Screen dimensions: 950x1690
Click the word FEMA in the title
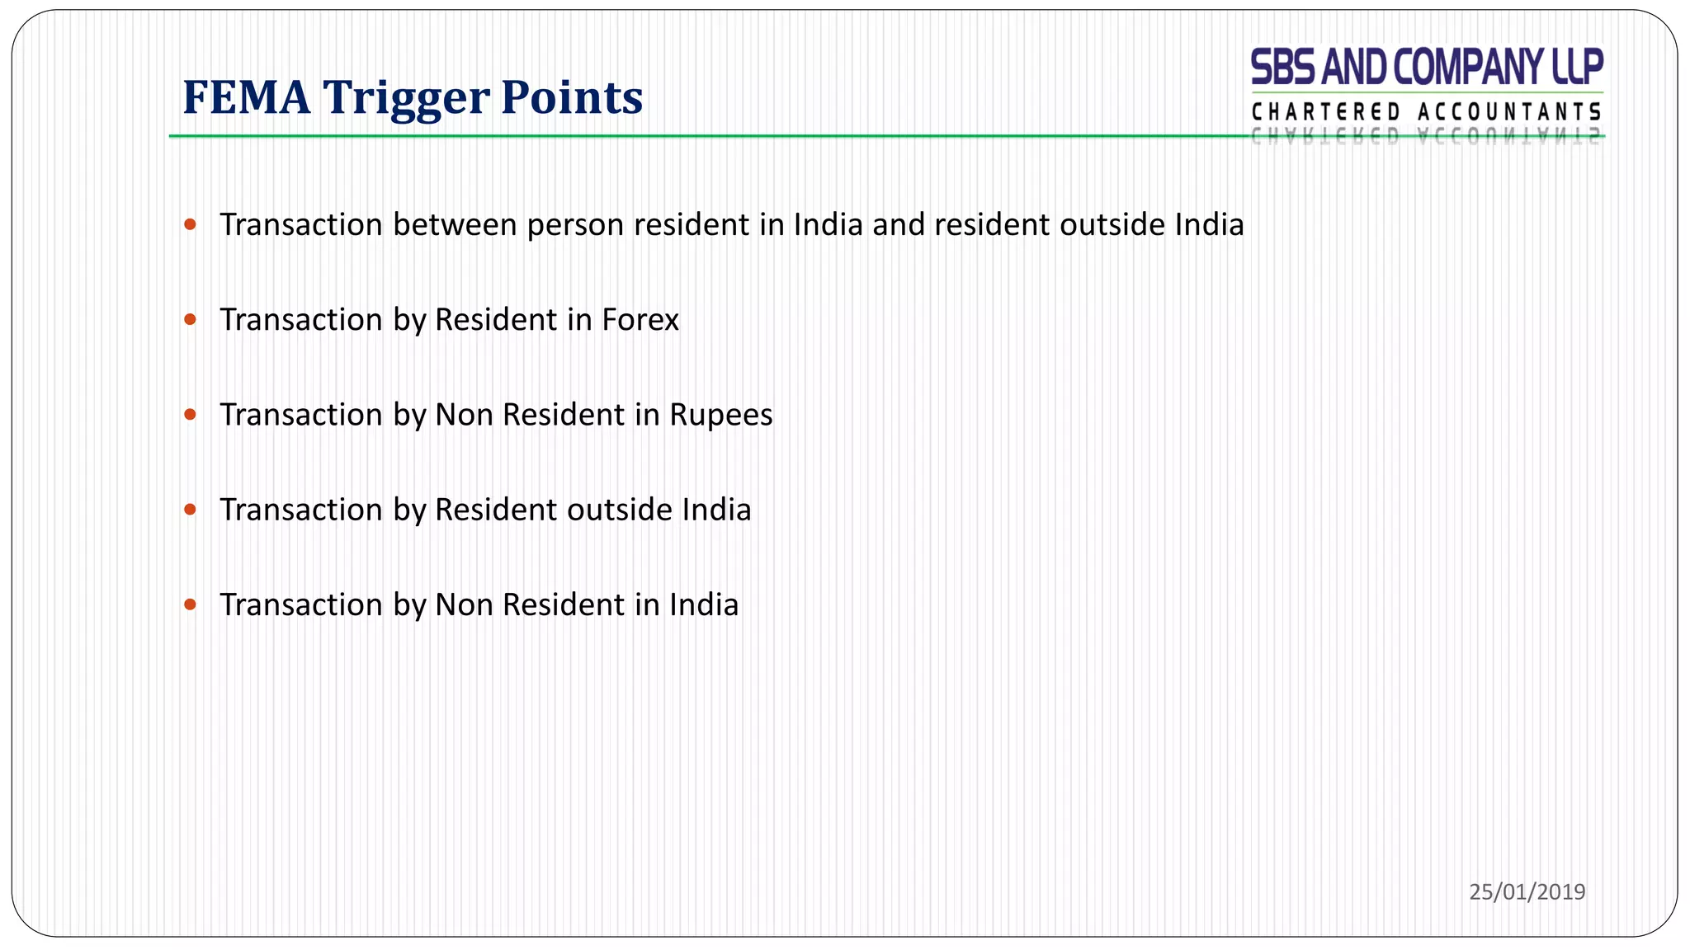tap(246, 97)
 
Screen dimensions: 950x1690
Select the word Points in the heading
tap(571, 97)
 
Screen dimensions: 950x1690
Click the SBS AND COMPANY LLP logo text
tap(1426, 68)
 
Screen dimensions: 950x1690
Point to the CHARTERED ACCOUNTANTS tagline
tap(1426, 112)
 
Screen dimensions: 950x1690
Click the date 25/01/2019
tap(1527, 891)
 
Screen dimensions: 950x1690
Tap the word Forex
tap(640, 320)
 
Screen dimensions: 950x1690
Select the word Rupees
tap(720, 415)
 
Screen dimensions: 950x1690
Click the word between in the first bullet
tap(455, 225)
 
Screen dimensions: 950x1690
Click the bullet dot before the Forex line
tap(191, 320)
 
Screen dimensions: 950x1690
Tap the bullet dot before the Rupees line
tap(191, 415)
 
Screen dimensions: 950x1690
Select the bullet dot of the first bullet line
tap(191, 224)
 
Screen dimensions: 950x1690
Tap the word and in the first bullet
tap(899, 225)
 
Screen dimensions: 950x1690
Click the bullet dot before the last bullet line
tap(191, 604)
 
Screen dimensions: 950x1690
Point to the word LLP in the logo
tap(1577, 68)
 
